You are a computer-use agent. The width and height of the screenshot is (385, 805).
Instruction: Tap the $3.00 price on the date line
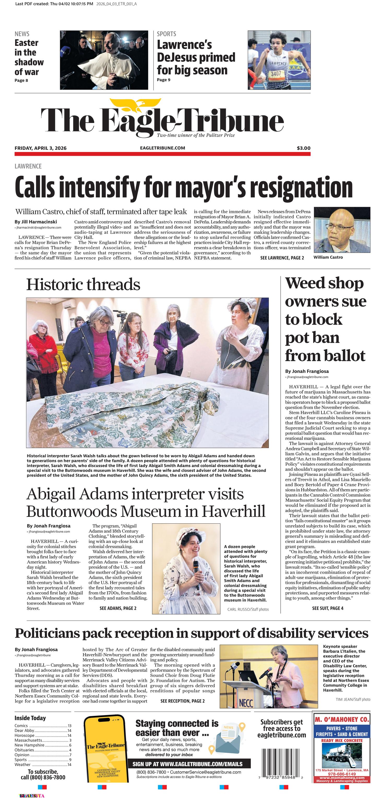(304, 148)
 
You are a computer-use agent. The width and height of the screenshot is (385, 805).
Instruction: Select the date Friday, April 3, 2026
(41, 148)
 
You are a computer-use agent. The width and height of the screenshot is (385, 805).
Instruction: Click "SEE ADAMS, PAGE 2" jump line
(118, 608)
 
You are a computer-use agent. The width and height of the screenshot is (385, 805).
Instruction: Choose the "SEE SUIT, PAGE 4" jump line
(328, 608)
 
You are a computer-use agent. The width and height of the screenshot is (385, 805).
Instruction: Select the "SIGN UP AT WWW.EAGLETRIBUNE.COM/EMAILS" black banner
(189, 763)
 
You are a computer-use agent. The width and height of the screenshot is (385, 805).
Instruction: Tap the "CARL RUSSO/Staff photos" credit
(248, 609)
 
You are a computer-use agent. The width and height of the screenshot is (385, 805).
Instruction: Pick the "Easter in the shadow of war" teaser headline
(29, 57)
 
